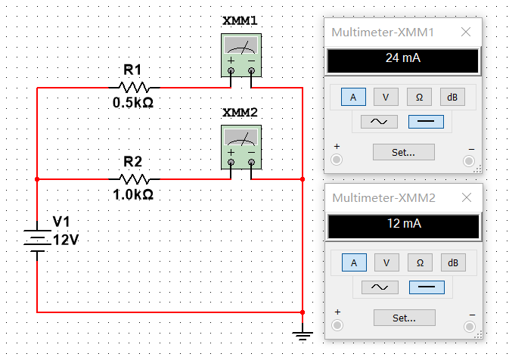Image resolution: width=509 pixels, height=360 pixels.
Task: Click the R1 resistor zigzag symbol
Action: [134, 87]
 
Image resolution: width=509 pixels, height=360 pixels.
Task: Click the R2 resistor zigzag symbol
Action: [134, 178]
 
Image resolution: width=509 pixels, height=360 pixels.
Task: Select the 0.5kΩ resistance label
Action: [133, 103]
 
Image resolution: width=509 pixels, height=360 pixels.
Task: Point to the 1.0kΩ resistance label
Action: [133, 194]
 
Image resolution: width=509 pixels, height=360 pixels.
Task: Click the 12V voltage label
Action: [66, 240]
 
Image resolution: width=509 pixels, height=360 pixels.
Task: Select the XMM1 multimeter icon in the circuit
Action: [241, 55]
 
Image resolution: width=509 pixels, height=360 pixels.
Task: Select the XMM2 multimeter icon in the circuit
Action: [241, 147]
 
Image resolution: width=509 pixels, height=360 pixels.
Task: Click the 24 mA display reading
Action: [403, 57]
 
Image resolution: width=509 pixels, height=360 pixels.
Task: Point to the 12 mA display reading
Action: [404, 223]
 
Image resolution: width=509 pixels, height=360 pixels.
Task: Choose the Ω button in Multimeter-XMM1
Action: [419, 97]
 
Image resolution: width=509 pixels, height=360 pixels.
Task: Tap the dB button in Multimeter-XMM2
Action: [453, 262]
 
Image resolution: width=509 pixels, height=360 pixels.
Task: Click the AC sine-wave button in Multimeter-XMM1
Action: [379, 122]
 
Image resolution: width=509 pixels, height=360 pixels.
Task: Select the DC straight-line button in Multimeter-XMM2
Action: [427, 287]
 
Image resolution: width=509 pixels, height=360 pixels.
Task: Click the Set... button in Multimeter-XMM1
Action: [404, 152]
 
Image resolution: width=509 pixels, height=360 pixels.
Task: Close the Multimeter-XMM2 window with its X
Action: [467, 197]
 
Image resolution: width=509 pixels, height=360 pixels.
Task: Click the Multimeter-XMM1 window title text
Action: [383, 32]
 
